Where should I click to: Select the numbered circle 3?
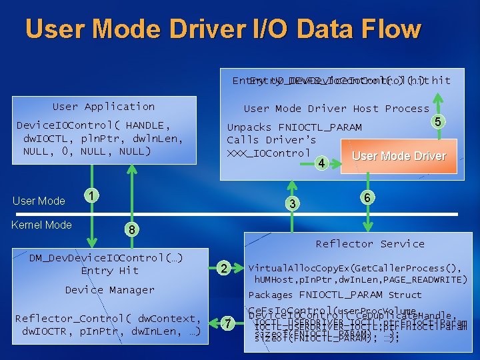291,203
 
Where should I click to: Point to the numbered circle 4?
321,163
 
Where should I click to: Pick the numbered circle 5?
437,122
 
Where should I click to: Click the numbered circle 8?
133,229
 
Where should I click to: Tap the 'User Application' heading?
103,107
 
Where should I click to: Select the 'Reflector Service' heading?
370,244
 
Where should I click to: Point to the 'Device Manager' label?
109,290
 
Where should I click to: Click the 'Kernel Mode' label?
41,225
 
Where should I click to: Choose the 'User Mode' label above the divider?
39,201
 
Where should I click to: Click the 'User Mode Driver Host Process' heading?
336,109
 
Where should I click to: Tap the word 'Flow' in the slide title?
393,29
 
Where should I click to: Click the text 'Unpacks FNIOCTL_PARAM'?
294,127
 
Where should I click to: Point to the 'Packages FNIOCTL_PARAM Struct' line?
335,295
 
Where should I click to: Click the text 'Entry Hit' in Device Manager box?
109,271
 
